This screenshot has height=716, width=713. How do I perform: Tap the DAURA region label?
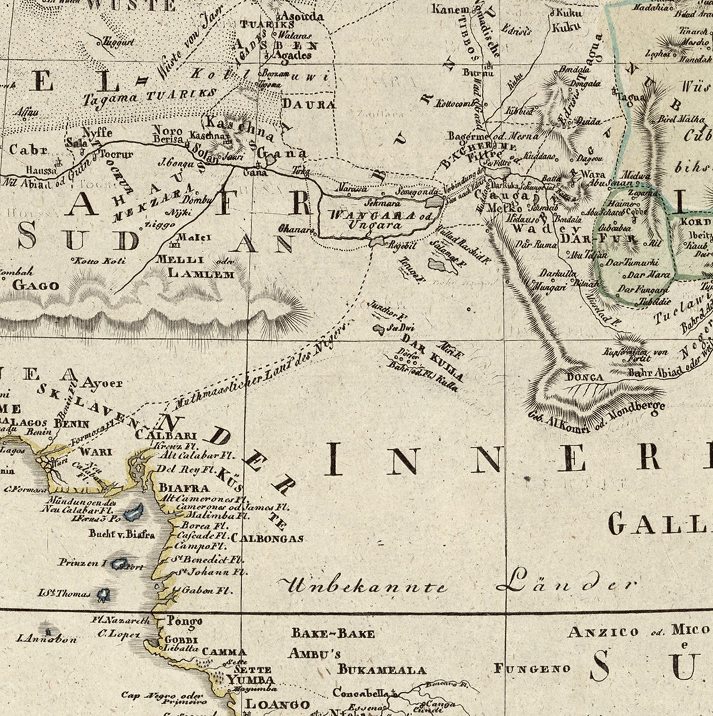coord(308,105)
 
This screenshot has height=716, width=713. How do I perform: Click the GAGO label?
coord(36,285)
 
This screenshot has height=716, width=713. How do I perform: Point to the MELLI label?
coord(180,259)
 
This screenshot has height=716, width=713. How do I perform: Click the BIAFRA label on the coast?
coord(184,488)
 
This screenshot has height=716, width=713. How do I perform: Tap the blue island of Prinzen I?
coord(119,564)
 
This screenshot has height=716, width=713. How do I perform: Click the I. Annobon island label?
coord(47,639)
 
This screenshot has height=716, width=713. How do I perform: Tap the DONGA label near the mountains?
coord(585,377)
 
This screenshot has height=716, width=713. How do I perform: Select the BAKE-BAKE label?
coord(333,633)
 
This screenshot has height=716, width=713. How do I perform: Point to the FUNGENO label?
coord(532,668)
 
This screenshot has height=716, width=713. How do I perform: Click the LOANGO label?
coord(277,704)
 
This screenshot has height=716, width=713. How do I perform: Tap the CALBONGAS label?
coord(267,538)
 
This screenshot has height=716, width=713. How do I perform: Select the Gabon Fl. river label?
coord(207,590)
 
